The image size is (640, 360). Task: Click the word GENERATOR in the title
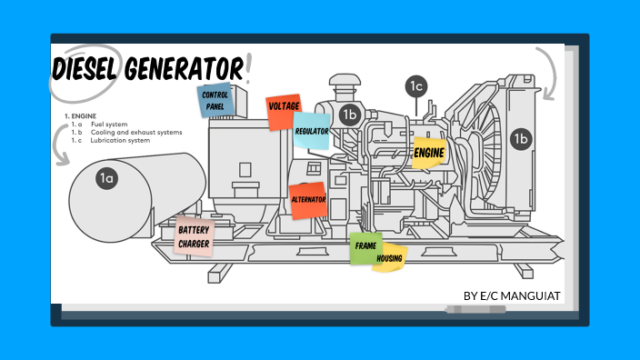pos(185,68)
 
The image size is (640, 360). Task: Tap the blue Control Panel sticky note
pos(215,101)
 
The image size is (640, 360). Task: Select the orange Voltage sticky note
pos(284,108)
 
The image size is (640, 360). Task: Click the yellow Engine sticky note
pos(428,154)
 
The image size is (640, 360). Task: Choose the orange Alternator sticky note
pos(308,199)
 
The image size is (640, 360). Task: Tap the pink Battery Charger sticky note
pos(194,237)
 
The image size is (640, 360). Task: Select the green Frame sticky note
pos(365,247)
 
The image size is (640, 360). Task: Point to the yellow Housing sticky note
pos(389,258)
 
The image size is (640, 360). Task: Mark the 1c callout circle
pos(416,86)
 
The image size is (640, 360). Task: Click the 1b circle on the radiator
pos(520,138)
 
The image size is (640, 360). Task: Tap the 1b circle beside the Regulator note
pos(350,115)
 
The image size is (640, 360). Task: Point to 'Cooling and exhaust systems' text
pos(136,133)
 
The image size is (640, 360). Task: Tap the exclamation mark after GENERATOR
pos(248,66)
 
